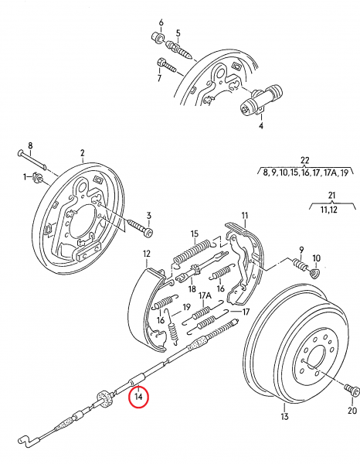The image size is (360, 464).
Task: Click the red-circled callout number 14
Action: (138, 396)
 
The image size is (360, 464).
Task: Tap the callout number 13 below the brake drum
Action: (284, 416)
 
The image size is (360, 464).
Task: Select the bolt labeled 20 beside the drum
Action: (352, 390)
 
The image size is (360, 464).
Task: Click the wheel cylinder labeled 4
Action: (260, 99)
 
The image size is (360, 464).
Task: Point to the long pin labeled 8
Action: (32, 160)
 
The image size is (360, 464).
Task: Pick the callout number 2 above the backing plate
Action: (82, 153)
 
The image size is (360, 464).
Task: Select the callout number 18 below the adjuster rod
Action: (192, 288)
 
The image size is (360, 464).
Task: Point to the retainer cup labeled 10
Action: (315, 272)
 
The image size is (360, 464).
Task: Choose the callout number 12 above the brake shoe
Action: (147, 254)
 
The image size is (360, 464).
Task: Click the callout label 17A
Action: (205, 295)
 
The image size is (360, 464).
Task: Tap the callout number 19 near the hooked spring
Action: (186, 307)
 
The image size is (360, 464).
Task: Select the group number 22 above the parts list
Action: (304, 160)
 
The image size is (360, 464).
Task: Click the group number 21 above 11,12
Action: (332, 196)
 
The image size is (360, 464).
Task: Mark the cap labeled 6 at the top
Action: (158, 38)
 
